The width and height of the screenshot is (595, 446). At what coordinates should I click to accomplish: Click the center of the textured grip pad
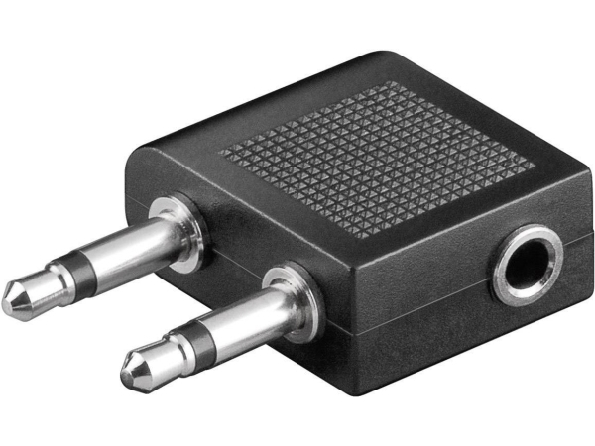[377, 155]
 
